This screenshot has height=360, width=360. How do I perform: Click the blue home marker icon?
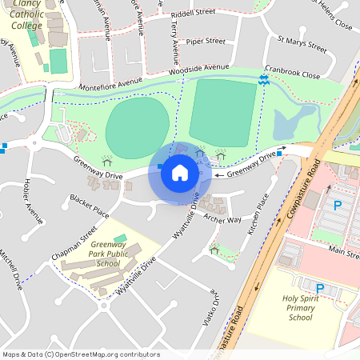tap(180, 172)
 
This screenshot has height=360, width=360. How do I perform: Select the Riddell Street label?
tap(194, 13)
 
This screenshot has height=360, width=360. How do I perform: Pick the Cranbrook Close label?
tap(293, 75)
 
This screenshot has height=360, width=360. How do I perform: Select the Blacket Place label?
tap(89, 206)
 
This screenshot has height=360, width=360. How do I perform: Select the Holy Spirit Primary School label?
tap(308, 307)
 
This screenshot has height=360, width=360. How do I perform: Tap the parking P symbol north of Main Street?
tap(338, 206)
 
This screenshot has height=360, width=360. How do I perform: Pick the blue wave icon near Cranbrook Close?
tap(264, 79)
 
